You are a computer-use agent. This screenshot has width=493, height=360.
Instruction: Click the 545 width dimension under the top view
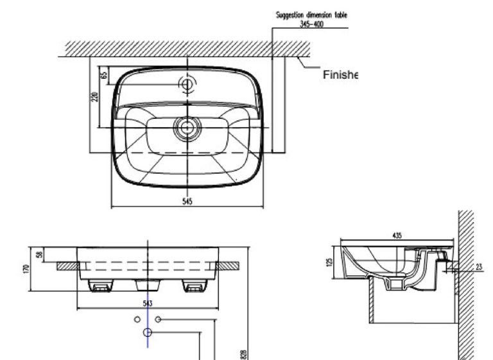[187, 200]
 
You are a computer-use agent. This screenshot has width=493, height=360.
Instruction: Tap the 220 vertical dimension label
[94, 97]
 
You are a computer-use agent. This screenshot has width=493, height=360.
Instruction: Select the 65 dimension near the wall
[103, 75]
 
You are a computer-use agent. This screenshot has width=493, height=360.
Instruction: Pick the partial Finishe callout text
[339, 75]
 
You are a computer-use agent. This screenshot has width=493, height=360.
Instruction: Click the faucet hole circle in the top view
[187, 83]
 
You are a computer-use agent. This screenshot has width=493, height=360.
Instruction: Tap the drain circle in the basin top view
[187, 126]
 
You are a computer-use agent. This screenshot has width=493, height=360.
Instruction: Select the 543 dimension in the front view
[148, 302]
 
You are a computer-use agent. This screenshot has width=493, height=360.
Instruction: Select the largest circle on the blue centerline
[148, 332]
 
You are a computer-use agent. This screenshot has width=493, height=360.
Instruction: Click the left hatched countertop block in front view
[67, 265]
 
